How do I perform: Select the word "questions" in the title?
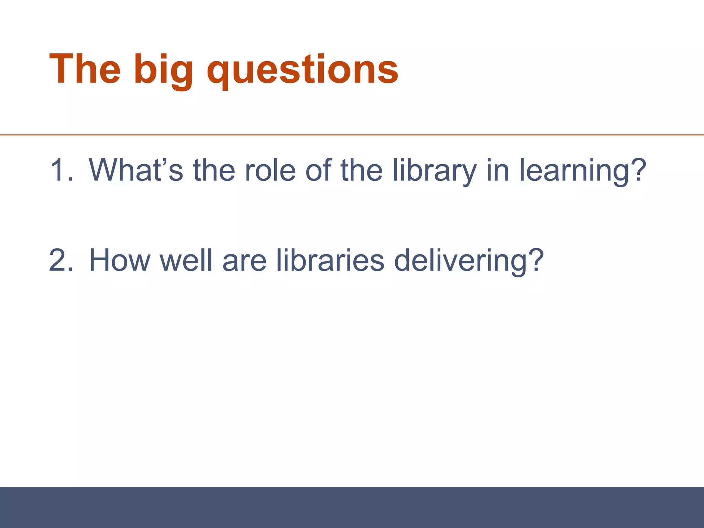302,70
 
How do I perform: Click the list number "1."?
61,170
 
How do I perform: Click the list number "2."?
61,261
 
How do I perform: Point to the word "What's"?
136,170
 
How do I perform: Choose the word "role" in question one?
270,170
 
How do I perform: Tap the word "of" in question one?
318,170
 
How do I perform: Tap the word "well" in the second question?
186,261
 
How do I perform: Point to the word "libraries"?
330,261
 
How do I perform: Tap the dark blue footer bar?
352,507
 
